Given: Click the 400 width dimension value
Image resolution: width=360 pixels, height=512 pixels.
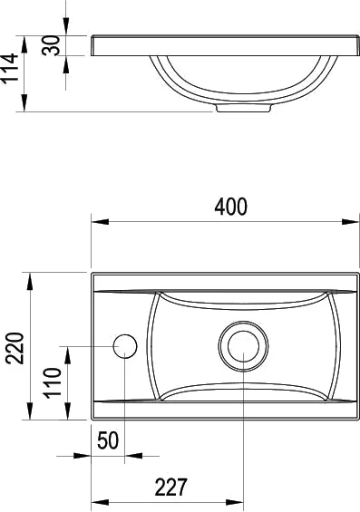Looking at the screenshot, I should pyautogui.click(x=229, y=207).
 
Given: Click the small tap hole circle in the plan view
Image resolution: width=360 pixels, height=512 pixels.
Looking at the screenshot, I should pyautogui.click(x=124, y=345).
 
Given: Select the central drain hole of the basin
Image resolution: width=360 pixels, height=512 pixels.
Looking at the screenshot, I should pyautogui.click(x=243, y=345).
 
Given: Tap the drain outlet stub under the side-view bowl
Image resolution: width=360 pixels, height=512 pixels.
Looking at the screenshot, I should pyautogui.click(x=243, y=107).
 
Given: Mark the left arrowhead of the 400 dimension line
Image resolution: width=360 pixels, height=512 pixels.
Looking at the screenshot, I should pyautogui.click(x=97, y=221).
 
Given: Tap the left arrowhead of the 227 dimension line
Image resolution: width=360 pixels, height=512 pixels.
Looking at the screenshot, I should pyautogui.click(x=97, y=501).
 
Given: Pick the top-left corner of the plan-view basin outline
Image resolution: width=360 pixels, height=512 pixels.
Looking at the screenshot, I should pyautogui.click(x=92, y=271).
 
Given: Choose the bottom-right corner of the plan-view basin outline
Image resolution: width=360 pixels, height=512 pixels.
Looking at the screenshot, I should pyautogui.click(x=355, y=420).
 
